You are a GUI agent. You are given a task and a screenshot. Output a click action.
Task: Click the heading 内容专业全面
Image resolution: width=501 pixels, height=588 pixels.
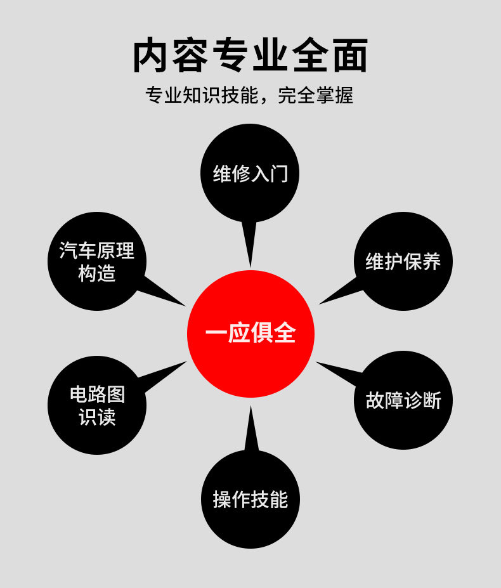coord(251,55)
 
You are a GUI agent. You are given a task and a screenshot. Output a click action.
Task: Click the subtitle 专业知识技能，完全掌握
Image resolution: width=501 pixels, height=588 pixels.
coord(249,95)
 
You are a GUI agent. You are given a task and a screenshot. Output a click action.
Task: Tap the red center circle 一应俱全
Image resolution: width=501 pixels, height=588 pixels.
coord(251,334)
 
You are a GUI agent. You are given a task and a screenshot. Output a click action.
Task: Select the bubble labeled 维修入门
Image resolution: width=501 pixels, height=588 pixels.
coord(250,173)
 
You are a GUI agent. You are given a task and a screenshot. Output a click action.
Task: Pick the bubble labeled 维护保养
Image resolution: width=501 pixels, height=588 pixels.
coord(403,261)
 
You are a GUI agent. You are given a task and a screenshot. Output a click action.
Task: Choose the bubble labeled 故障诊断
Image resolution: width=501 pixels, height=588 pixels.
coord(403,400)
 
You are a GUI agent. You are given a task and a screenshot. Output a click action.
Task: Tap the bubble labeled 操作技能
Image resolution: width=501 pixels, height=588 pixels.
coord(251,499)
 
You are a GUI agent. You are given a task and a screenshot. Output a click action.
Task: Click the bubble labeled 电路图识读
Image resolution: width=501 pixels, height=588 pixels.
coord(97,405)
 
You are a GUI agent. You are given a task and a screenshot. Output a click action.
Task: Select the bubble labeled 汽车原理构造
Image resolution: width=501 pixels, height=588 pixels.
coord(97,261)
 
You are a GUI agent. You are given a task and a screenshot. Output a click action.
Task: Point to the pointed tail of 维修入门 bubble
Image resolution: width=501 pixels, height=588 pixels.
coord(251,266)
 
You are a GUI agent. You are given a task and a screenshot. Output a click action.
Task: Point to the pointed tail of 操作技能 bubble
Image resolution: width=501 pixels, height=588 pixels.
coord(251,406)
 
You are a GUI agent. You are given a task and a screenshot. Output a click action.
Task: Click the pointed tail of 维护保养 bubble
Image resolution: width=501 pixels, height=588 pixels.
coord(319,304)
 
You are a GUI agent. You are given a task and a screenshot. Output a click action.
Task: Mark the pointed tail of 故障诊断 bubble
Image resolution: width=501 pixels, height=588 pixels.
coord(316,362)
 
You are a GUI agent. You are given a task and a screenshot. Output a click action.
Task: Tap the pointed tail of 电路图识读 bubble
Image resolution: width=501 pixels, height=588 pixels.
coord(186,362)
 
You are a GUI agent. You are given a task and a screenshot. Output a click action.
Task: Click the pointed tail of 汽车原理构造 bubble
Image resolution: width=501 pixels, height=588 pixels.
coord(185,306)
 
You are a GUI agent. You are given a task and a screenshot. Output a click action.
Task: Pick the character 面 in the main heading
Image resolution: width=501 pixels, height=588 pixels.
coord(350,55)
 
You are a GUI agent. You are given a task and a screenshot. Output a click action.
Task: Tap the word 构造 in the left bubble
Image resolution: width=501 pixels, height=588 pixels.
coord(97,273)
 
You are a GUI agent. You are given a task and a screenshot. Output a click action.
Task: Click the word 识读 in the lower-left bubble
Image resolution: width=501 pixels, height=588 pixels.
coord(97,417)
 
